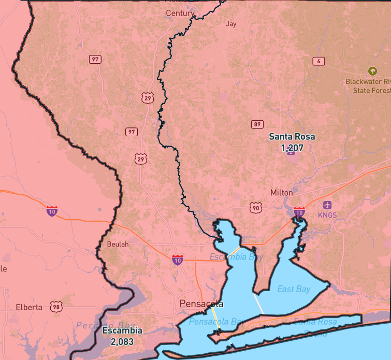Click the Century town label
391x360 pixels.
pyautogui.click(x=180, y=13)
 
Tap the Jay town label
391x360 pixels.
pyautogui.click(x=231, y=23)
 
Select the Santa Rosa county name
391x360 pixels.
pyautogui.click(x=292, y=137)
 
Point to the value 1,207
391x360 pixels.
pyautogui.click(x=292, y=148)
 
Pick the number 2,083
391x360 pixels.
pyautogui.click(x=122, y=341)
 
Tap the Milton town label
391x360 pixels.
pyautogui.click(x=281, y=192)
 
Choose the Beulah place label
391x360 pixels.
pyautogui.click(x=118, y=244)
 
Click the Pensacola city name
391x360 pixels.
pyautogui.click(x=201, y=304)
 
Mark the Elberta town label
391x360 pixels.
pyautogui.click(x=29, y=307)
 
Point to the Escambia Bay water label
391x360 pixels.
pyautogui.click(x=233, y=257)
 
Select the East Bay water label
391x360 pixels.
pyautogui.click(x=294, y=289)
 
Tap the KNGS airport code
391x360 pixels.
pyautogui.click(x=327, y=214)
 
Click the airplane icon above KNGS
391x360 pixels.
pyautogui.click(x=327, y=205)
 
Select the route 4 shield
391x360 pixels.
pyautogui.click(x=318, y=61)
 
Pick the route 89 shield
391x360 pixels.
pyautogui.click(x=257, y=124)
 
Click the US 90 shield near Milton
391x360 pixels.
pyautogui.click(x=255, y=207)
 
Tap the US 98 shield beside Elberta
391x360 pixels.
pyautogui.click(x=56, y=307)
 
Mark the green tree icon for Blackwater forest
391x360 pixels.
pyautogui.click(x=372, y=71)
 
